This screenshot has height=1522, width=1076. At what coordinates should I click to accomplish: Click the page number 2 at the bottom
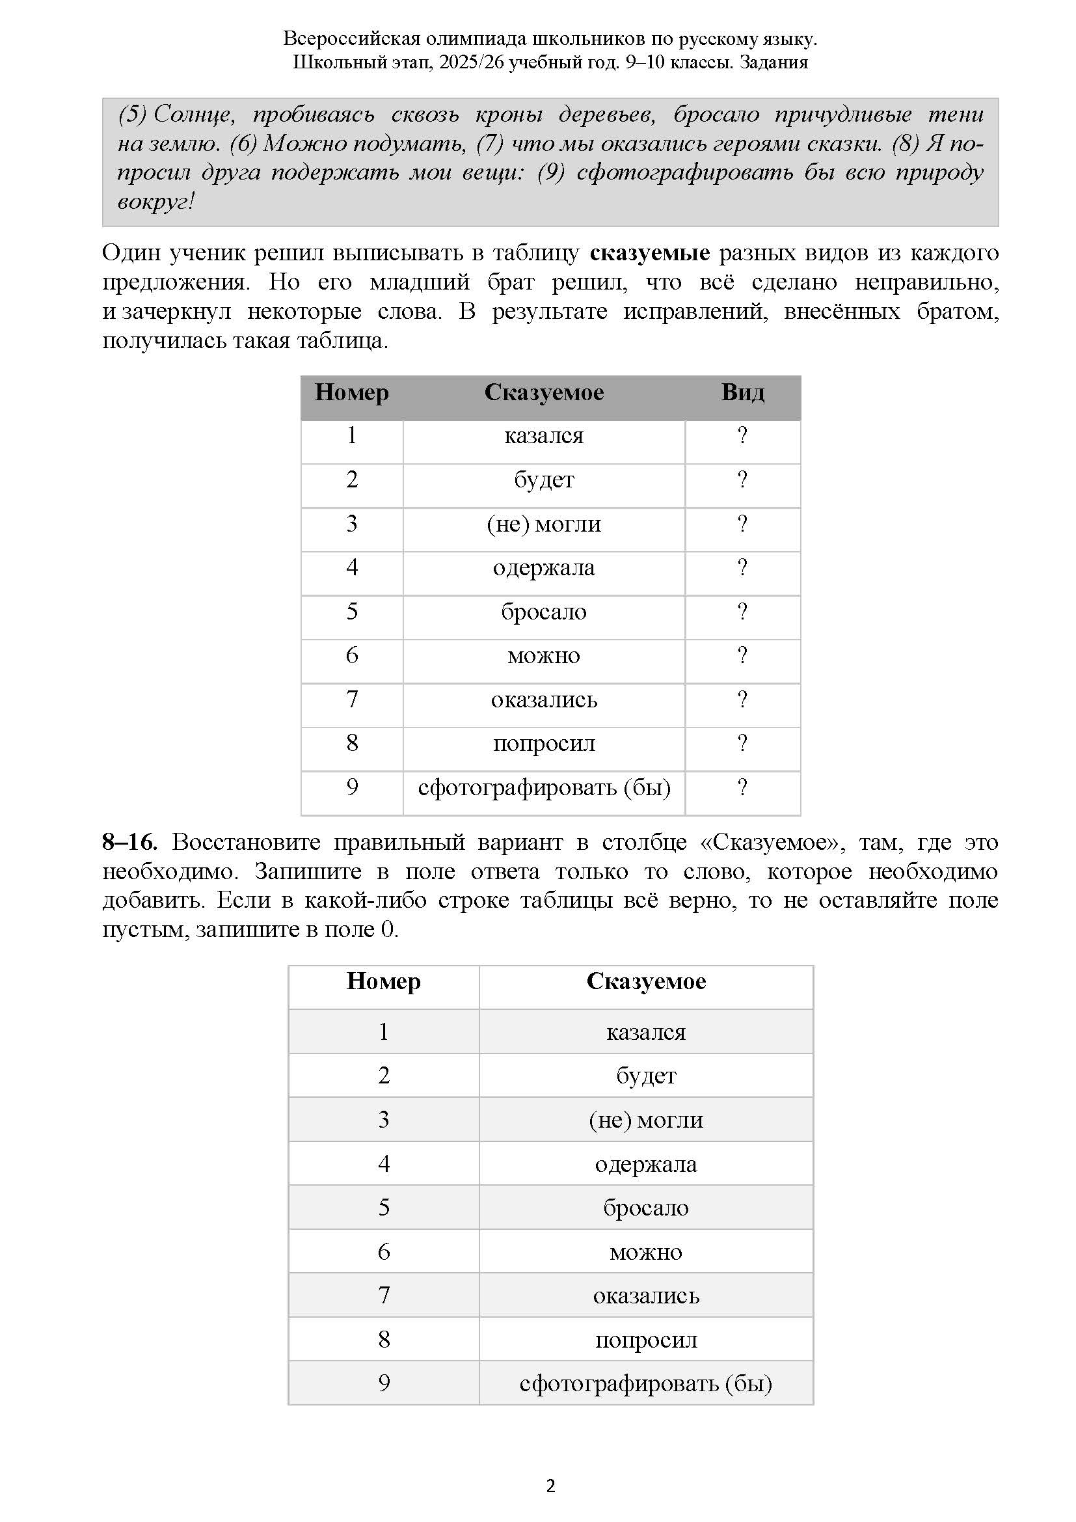click(x=550, y=1486)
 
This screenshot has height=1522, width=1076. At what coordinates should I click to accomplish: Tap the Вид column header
click(x=743, y=392)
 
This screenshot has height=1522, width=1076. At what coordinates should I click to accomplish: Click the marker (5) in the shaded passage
click(x=132, y=115)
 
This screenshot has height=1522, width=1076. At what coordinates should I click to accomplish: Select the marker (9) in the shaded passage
click(x=550, y=172)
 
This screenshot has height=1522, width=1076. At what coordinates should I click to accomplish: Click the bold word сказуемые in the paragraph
click(x=649, y=253)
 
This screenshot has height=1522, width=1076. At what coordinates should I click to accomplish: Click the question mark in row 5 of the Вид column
click(x=743, y=611)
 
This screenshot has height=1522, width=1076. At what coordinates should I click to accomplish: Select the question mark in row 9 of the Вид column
click(x=743, y=787)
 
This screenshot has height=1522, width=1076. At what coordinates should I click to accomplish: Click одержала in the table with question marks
click(x=544, y=568)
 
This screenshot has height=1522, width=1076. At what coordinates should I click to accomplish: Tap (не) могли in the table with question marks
click(x=544, y=524)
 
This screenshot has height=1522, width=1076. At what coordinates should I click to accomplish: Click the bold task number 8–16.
click(x=130, y=843)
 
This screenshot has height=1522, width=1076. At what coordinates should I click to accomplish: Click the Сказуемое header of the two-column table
click(x=646, y=982)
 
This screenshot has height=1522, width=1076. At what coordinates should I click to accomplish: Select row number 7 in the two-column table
click(x=384, y=1295)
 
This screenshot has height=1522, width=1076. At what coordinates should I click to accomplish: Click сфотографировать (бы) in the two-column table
click(x=646, y=1383)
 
